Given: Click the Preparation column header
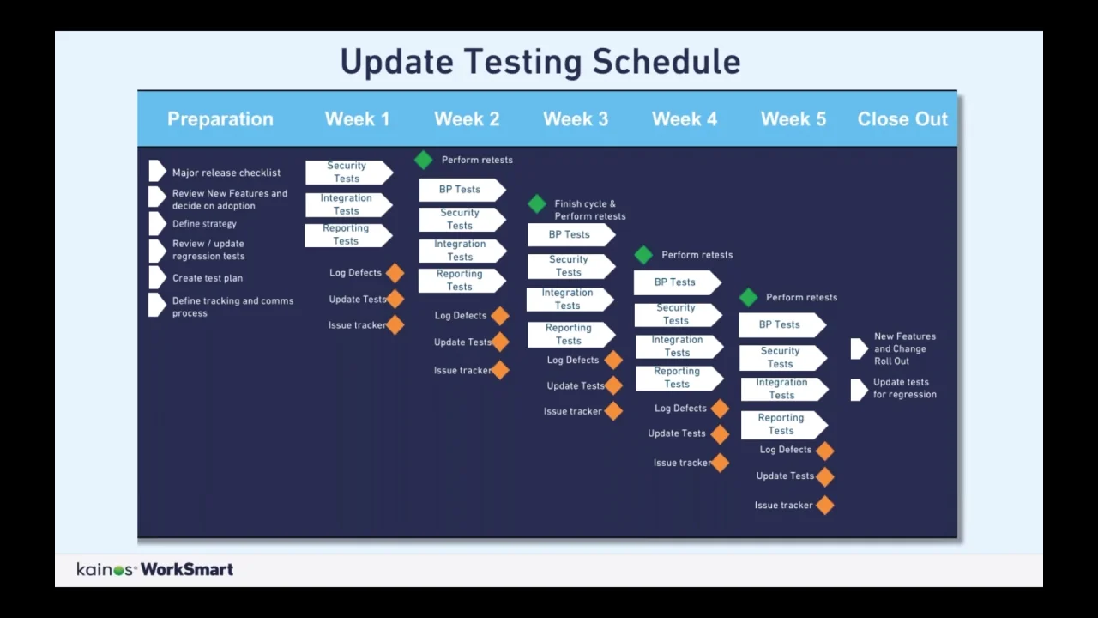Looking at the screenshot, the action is [220, 119].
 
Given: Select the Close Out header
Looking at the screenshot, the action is [902, 119].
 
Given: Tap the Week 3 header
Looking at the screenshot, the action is [576, 119].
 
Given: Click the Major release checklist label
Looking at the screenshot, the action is [226, 173].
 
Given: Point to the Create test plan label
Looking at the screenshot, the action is [208, 278].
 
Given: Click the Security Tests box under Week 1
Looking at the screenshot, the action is [349, 173].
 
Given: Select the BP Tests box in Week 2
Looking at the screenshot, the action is [462, 190].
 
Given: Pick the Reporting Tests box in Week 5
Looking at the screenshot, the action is [784, 425].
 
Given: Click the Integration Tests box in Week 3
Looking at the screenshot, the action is [570, 300].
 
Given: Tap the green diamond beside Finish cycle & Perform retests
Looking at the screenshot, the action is [537, 203].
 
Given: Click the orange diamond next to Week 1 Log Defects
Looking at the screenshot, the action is [395, 273].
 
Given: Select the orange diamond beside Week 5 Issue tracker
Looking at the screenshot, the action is [825, 506].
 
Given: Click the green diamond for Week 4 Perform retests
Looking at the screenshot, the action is [643, 255].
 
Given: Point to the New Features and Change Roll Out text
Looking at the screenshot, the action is [905, 348].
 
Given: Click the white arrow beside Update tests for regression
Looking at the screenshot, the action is [859, 390].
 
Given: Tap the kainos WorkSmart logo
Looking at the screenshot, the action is [155, 569].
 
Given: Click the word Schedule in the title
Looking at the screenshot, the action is [667, 62].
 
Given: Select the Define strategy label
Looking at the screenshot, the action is [204, 224].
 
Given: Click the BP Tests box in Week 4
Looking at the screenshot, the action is [678, 282].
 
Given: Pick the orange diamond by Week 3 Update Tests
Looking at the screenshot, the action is [613, 386].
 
